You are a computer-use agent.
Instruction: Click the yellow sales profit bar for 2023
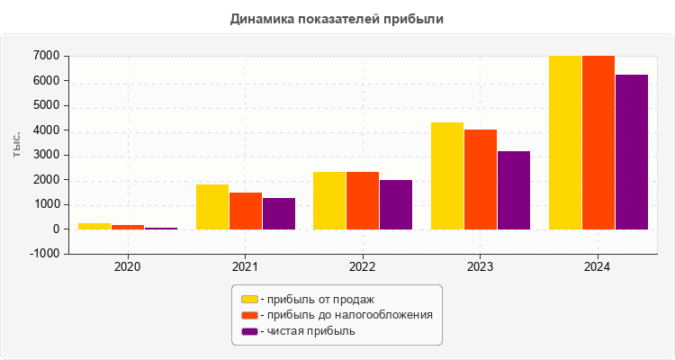pyautogui.click(x=447, y=175)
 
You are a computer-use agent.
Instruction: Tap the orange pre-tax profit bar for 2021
pyautogui.click(x=246, y=211)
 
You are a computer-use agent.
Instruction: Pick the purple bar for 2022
pyautogui.click(x=396, y=204)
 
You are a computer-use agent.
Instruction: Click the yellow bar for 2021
pyautogui.click(x=212, y=207)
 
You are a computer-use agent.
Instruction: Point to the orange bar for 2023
pyautogui.click(x=481, y=179)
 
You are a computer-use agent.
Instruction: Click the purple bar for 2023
pyautogui.click(x=514, y=190)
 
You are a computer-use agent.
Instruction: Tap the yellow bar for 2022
pyautogui.click(x=329, y=201)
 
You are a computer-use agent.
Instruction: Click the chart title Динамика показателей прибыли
pyautogui.click(x=337, y=18)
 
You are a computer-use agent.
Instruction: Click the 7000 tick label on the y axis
pyautogui.click(x=47, y=56)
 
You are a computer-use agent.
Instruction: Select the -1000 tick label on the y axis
pyautogui.click(x=45, y=254)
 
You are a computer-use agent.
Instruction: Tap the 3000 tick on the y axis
pyautogui.click(x=47, y=155)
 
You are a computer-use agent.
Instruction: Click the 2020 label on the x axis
pyautogui.click(x=128, y=267)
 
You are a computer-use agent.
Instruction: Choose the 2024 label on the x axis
pyautogui.click(x=598, y=267)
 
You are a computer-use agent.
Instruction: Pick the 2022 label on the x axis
pyautogui.click(x=363, y=267)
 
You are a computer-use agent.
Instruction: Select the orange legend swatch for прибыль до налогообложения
pyautogui.click(x=249, y=315)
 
